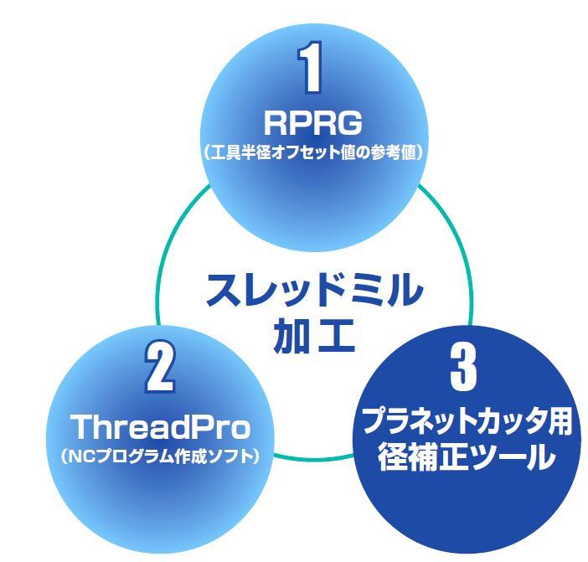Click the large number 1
click(312, 68)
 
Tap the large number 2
click(159, 366)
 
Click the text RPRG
click(312, 123)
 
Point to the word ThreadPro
click(160, 427)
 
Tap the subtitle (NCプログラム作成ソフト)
click(159, 457)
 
